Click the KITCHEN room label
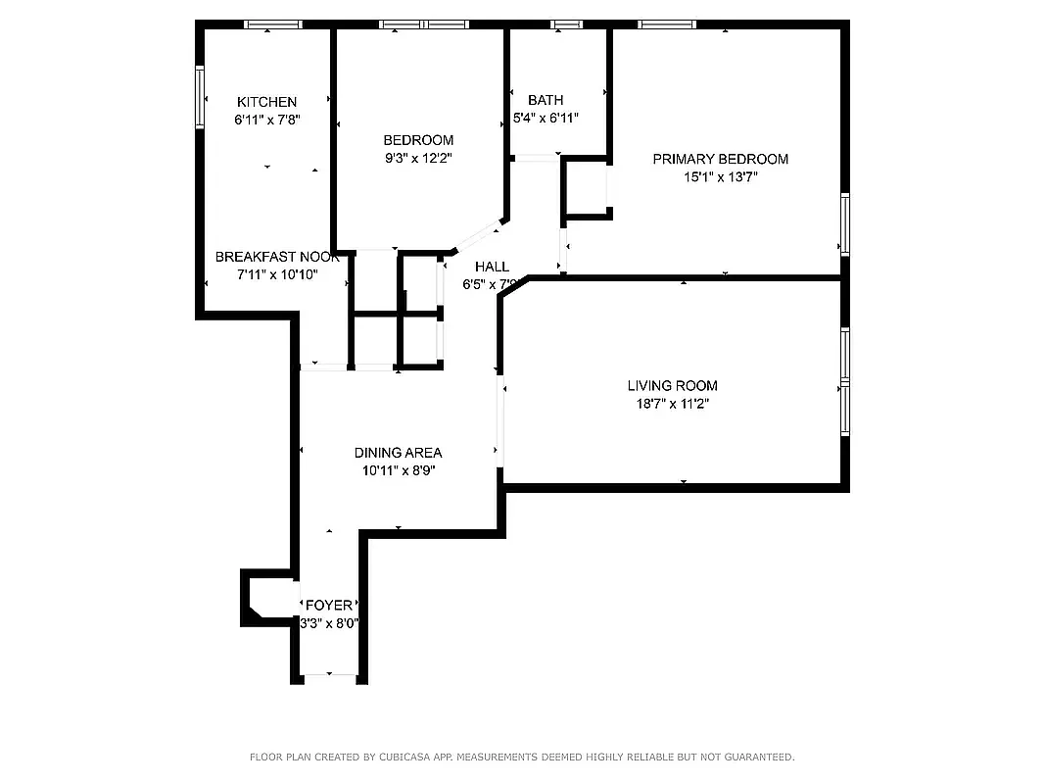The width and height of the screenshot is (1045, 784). coord(266,102)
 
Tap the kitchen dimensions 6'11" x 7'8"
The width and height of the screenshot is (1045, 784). coord(266,120)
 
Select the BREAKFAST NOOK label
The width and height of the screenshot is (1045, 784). coord(277,257)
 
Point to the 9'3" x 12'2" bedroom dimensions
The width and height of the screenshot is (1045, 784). coord(418,158)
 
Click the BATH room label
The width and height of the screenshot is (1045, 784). coord(546,100)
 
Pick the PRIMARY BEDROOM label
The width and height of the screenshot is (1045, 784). coord(720,159)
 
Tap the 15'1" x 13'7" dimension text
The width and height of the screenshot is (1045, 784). coord(721,177)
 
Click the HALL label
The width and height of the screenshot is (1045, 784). coord(492,267)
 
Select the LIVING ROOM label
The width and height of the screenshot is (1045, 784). coord(672,385)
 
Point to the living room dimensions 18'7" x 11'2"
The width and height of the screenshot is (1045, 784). coord(672,403)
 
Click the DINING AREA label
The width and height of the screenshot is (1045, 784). coord(398,453)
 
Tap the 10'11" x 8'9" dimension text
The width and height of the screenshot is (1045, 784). coord(398,470)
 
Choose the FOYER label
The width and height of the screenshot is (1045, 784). coord(329,606)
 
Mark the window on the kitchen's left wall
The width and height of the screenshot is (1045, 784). coord(200,97)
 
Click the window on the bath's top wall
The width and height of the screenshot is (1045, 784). coord(565,24)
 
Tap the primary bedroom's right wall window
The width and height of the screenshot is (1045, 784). coord(844,224)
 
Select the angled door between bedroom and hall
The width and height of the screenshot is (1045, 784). coord(477,237)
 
